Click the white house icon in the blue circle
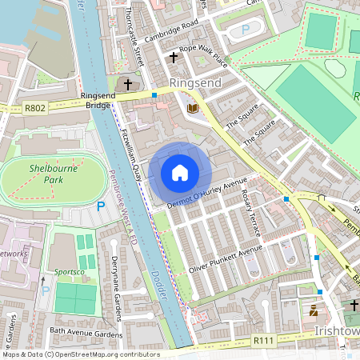179,172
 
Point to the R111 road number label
263,340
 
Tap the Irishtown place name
336,330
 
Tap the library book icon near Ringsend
191,107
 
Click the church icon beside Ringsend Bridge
126,83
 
